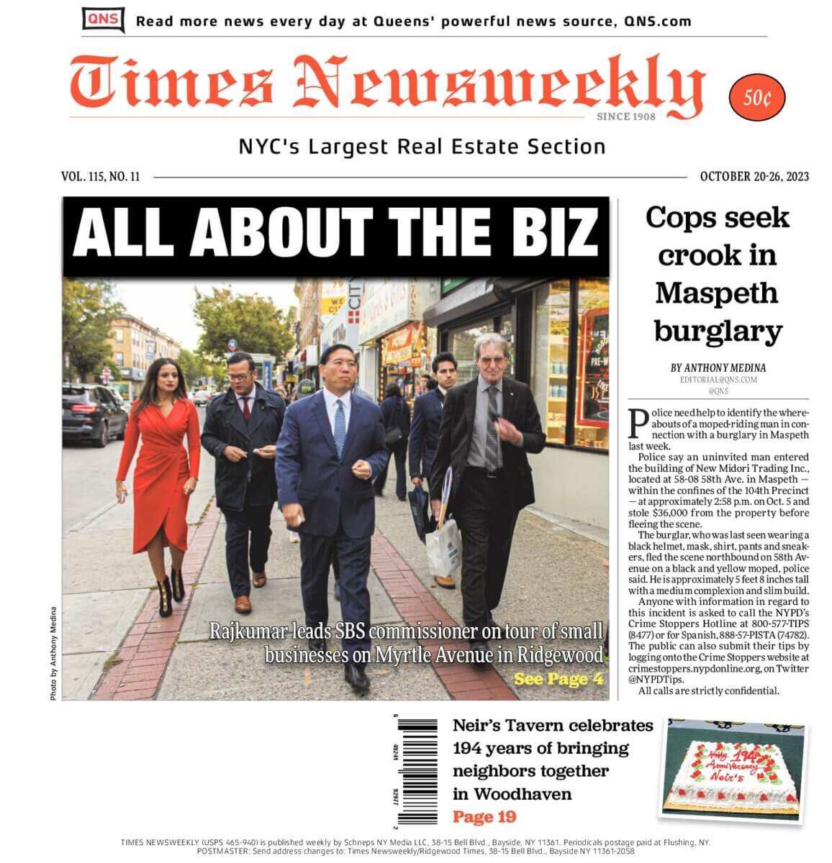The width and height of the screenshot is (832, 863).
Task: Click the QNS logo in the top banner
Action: click(x=103, y=19)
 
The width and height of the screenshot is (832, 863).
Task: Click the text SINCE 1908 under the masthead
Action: click(x=625, y=117)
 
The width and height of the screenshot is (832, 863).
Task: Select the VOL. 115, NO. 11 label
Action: click(x=101, y=177)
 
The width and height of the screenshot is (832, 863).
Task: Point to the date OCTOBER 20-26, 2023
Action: click(x=754, y=177)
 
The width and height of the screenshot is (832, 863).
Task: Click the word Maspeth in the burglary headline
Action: click(x=717, y=293)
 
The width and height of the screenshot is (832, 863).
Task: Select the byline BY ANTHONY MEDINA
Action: click(x=718, y=368)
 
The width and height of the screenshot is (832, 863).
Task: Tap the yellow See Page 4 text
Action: click(x=558, y=679)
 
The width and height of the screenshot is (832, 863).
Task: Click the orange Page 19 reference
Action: click(x=484, y=817)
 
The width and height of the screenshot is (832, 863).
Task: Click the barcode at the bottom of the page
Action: click(x=418, y=770)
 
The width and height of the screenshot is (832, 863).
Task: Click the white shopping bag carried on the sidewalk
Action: click(x=443, y=547)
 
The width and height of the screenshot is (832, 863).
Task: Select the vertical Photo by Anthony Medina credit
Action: click(x=53, y=654)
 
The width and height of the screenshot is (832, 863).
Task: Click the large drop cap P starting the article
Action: click(x=637, y=424)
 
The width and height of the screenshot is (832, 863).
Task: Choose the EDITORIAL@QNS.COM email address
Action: click(x=718, y=380)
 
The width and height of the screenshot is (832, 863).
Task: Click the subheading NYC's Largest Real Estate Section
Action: click(x=422, y=147)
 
